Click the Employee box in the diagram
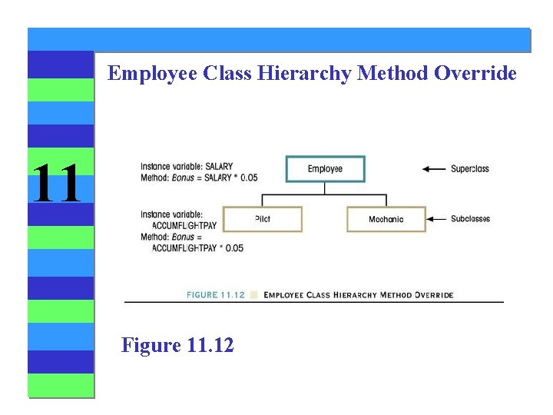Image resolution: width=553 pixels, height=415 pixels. click(x=325, y=169)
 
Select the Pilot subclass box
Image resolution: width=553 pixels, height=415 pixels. click(x=262, y=219)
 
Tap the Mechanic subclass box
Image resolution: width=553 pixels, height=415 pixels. click(x=386, y=219)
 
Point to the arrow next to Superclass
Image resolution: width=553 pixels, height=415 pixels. click(x=435, y=169)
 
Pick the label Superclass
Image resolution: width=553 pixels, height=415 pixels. click(x=469, y=169)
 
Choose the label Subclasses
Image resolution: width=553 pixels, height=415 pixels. click(x=470, y=219)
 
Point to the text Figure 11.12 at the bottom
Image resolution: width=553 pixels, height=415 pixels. click(x=177, y=345)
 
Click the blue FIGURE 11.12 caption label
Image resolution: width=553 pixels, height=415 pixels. click(x=216, y=294)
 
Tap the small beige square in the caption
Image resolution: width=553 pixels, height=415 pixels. click(x=254, y=294)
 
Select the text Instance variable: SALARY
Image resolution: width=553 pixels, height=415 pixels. click(x=187, y=167)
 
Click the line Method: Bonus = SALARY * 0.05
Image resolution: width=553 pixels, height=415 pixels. click(x=199, y=178)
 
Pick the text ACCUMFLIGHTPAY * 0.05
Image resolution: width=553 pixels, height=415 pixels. click(x=197, y=248)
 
